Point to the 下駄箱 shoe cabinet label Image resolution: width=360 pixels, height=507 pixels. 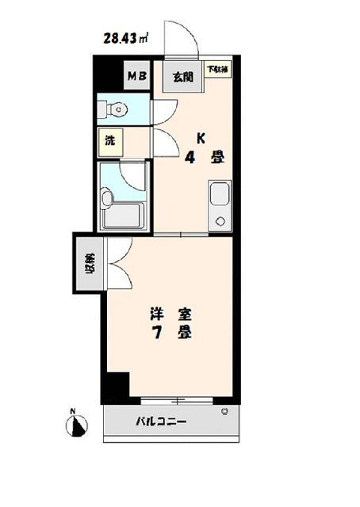(217, 69)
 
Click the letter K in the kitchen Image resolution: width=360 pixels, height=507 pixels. (201, 138)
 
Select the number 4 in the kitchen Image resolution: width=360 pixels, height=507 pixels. (190, 157)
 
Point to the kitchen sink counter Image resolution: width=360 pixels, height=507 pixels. (219, 204)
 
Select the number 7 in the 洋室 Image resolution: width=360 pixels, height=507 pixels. (157, 334)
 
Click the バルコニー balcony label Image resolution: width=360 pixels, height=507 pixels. (159, 422)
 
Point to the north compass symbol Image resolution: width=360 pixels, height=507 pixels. (77, 426)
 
